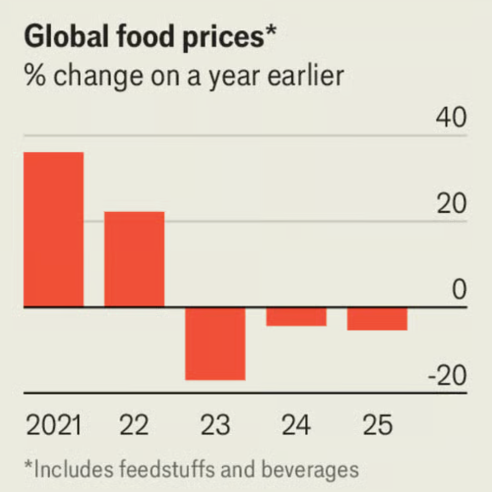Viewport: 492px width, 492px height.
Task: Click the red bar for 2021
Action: (53, 229)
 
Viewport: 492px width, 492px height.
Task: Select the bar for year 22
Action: (134, 259)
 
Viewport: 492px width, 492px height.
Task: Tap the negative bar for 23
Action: (215, 343)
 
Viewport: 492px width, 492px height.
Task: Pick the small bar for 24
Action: (296, 316)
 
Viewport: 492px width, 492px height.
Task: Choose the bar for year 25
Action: (377, 319)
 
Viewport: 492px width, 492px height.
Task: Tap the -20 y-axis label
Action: (447, 376)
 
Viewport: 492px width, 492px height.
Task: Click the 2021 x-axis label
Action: (53, 425)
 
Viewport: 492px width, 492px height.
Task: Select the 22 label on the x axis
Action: (134, 425)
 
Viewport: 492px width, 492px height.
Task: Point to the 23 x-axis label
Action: (215, 425)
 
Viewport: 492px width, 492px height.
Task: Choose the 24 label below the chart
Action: (296, 425)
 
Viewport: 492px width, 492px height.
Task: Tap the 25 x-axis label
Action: (377, 425)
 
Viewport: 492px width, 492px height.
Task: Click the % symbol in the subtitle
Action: (36, 75)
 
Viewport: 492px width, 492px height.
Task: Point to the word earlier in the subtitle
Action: (305, 75)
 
